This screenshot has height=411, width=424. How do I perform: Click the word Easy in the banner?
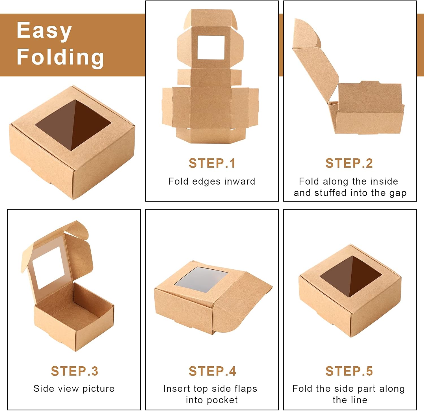[44, 31]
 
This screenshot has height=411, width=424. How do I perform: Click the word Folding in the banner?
[60, 57]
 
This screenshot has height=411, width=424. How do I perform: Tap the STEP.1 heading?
[212, 163]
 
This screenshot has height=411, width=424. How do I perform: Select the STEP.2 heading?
[349, 163]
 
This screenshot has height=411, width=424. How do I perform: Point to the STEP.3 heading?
[75, 371]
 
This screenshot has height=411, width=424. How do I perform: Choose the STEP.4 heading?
[212, 371]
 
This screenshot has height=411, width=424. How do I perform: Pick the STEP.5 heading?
[349, 371]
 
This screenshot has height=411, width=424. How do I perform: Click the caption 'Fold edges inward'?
[212, 181]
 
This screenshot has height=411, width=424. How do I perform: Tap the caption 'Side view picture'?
[74, 389]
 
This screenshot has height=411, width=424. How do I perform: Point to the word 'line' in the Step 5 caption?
[358, 400]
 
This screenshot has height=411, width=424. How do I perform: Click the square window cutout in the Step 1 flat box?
[211, 47]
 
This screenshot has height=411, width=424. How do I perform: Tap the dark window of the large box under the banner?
[73, 125]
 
